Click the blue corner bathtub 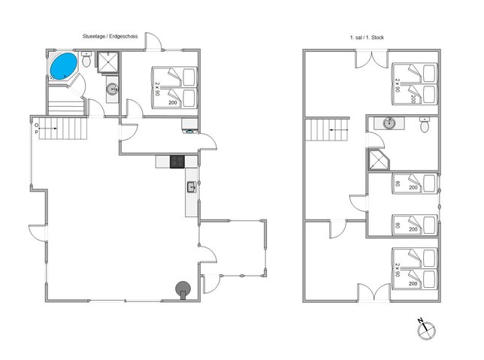tap(62, 65)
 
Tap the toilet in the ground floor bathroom tap(88, 62)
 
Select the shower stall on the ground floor tap(109, 62)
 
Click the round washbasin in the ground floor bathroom tap(113, 89)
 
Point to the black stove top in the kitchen tap(177, 161)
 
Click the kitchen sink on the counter tap(191, 187)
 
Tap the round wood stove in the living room tap(182, 288)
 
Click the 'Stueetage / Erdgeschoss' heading tap(110, 36)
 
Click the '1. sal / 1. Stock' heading tap(366, 36)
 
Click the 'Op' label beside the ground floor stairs tap(36, 129)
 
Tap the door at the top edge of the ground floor tap(153, 42)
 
